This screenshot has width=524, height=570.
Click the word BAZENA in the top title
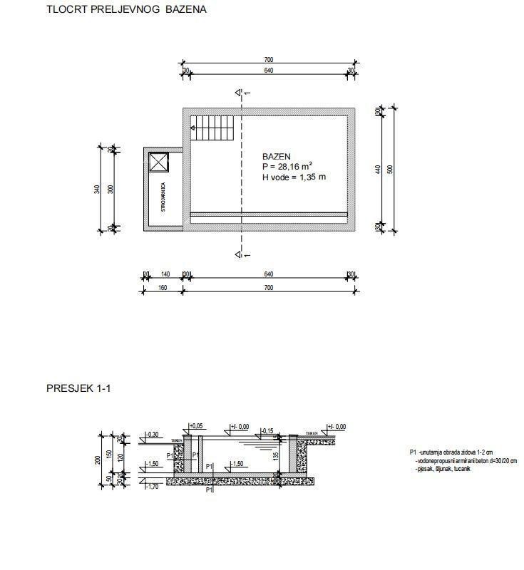(185, 11)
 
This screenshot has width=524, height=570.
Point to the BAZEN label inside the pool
(277, 157)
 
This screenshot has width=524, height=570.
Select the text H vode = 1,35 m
(294, 177)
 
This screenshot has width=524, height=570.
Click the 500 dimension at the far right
(391, 169)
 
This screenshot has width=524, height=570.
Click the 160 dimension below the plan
(162, 288)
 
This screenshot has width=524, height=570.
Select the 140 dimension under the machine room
(165, 274)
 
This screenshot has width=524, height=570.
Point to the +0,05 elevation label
(196, 426)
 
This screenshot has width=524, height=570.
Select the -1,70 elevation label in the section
(151, 487)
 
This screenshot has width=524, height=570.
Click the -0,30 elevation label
(152, 434)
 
